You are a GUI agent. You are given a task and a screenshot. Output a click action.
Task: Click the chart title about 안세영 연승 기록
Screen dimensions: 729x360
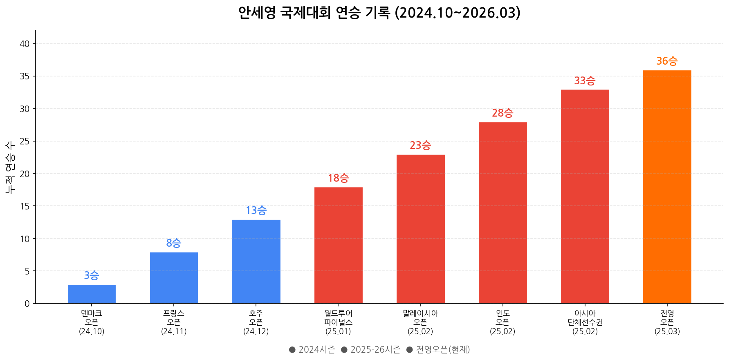379,13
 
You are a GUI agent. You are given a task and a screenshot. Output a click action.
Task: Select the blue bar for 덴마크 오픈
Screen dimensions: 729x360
92,294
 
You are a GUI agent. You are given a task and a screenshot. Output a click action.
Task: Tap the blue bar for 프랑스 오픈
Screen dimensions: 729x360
174,278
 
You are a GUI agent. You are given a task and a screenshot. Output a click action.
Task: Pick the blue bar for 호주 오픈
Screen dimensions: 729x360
256,262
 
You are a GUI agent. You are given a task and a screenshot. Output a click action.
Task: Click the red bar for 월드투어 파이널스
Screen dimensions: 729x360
338,245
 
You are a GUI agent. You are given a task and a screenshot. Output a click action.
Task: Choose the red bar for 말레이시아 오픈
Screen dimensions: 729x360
420,229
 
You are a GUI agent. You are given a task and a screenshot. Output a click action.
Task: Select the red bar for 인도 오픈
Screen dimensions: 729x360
502,213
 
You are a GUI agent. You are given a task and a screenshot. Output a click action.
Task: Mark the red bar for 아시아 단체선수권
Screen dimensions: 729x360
585,196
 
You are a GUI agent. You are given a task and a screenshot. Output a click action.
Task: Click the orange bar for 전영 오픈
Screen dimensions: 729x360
667,187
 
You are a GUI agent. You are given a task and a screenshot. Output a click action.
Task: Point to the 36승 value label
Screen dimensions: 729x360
667,61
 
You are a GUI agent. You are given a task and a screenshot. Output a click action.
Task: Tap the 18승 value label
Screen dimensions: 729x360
338,178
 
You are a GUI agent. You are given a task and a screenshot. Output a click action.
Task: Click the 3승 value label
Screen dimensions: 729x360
92,276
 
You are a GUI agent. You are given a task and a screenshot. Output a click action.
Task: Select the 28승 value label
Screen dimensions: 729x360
502,113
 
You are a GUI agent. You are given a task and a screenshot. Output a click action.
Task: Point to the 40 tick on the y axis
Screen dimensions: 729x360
25,44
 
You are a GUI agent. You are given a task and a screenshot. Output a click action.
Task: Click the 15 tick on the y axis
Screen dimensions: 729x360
25,206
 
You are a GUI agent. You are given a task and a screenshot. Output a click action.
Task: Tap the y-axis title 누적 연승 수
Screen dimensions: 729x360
10,167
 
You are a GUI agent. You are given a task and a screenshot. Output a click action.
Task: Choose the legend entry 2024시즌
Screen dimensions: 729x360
312,350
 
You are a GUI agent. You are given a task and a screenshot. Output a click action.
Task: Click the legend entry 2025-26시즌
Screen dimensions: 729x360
370,350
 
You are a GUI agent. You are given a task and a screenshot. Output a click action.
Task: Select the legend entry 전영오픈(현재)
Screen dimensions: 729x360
438,350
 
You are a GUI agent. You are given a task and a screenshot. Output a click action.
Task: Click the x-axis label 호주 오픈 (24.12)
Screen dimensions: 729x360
256,322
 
